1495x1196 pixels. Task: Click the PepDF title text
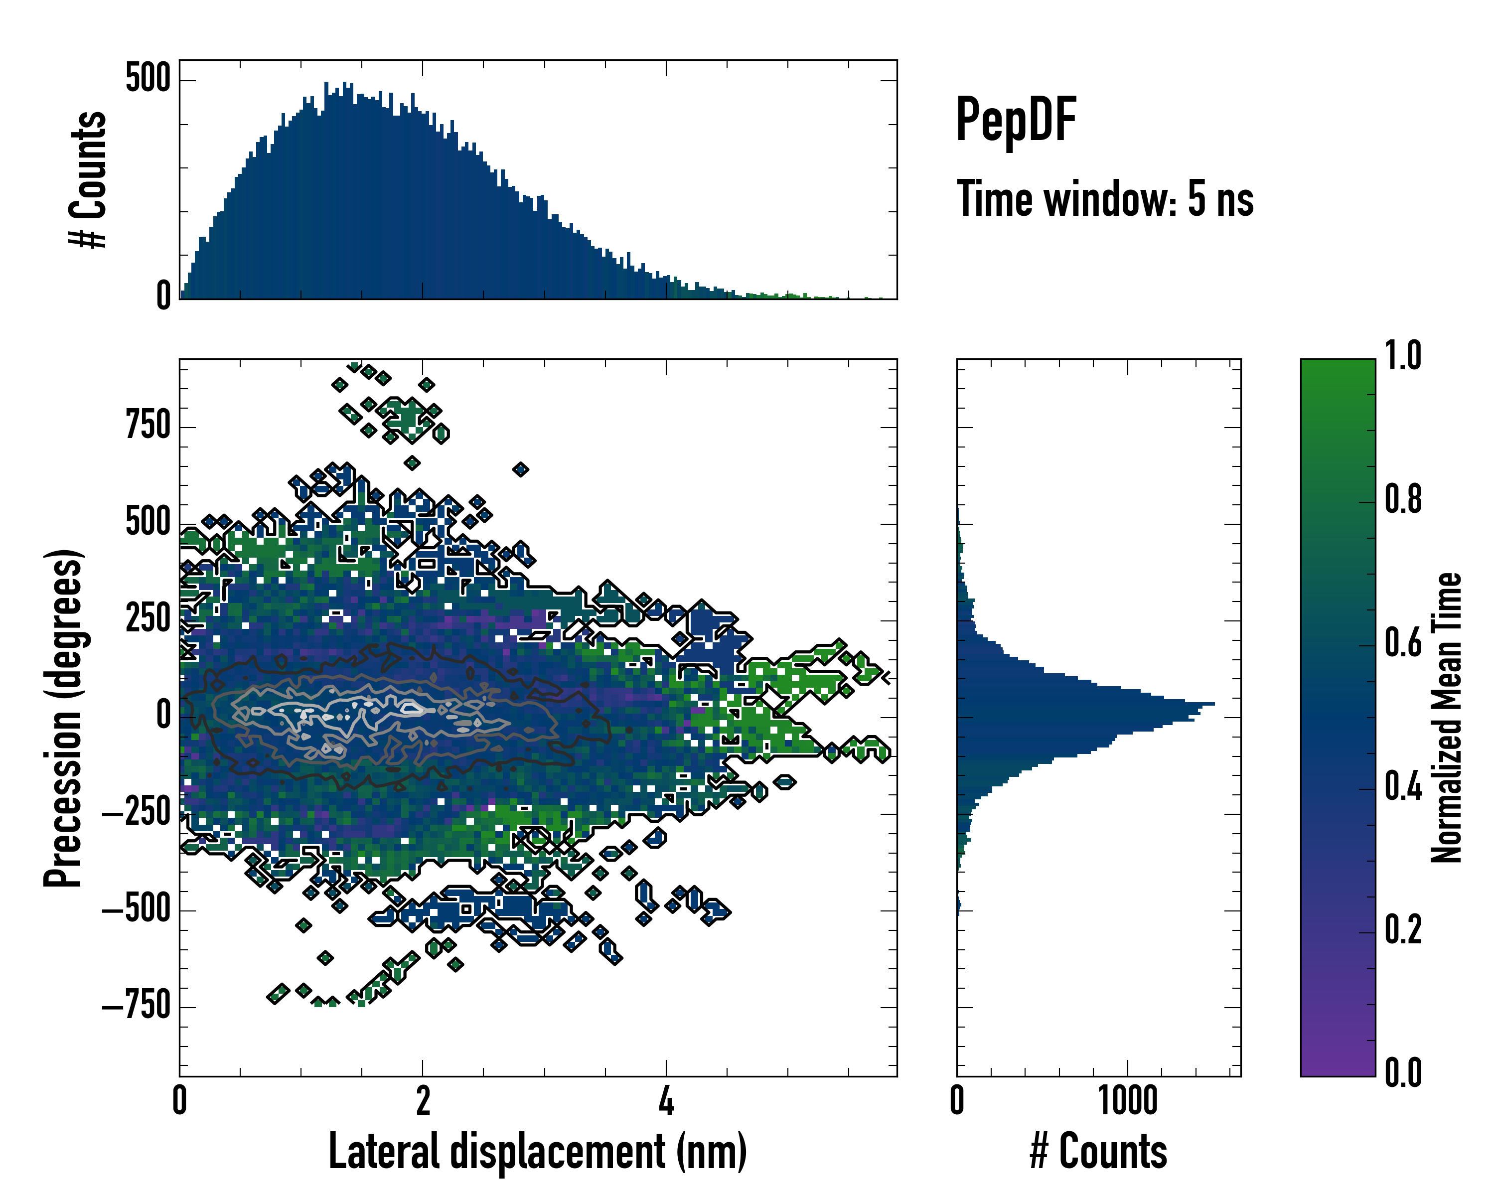click(x=1015, y=120)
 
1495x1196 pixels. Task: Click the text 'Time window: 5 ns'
click(x=1105, y=199)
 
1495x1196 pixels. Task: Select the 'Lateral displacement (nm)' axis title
click(x=537, y=1151)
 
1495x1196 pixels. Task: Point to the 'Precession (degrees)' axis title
click(x=64, y=718)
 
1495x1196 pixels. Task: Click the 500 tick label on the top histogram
click(x=148, y=78)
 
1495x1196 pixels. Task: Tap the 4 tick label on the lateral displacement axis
click(x=666, y=1101)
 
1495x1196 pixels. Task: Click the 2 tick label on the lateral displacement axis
click(x=422, y=1101)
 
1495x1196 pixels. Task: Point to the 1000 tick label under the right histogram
click(x=1128, y=1101)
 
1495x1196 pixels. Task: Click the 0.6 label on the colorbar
click(x=1403, y=643)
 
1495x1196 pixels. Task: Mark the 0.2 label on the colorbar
click(x=1403, y=930)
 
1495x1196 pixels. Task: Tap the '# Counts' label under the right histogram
click(x=1098, y=1151)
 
